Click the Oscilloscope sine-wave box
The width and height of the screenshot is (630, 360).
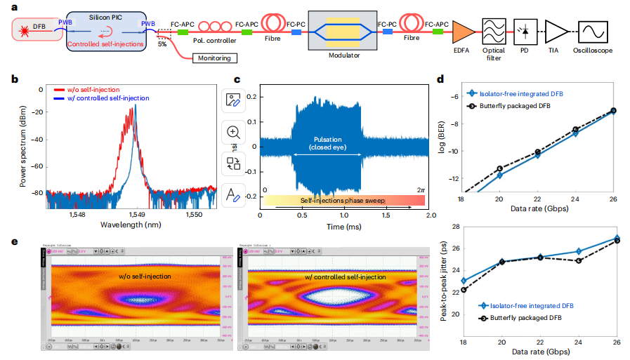click(x=593, y=32)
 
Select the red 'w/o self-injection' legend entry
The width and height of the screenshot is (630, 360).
click(x=84, y=90)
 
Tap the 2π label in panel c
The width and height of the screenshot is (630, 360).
click(x=420, y=190)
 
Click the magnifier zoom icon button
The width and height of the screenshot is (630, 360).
click(x=233, y=132)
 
